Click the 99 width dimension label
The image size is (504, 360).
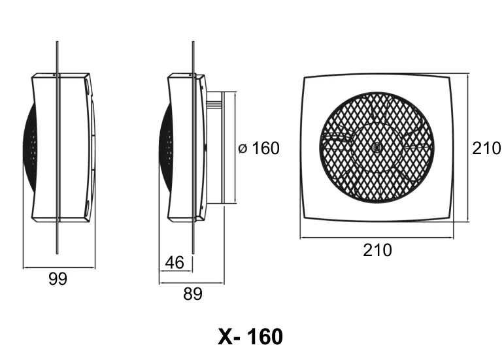pyautogui.click(x=58, y=279)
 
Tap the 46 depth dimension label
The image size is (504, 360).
pyautogui.click(x=175, y=263)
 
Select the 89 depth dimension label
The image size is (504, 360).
pyautogui.click(x=193, y=294)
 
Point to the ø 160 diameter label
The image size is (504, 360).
pyautogui.click(x=259, y=148)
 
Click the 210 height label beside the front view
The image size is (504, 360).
pyautogui.click(x=486, y=148)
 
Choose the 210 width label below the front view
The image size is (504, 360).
pyautogui.click(x=377, y=250)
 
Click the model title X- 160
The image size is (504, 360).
pyautogui.click(x=250, y=336)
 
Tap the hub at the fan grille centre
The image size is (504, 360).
pyautogui.click(x=377, y=147)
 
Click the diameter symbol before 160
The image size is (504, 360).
pyautogui.click(x=243, y=149)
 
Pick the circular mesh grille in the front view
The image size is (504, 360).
pyautogui.click(x=377, y=148)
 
